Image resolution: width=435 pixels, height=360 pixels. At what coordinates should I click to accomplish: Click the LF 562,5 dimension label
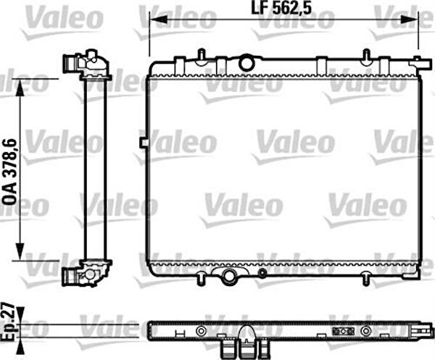pyautogui.click(x=281, y=8)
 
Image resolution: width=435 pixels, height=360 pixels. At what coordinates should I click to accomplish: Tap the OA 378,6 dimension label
pyautogui.click(x=10, y=172)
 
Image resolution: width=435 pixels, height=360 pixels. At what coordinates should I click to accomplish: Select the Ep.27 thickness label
pyautogui.click(x=8, y=322)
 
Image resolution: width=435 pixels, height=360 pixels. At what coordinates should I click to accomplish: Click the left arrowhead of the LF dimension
pyautogui.click(x=158, y=20)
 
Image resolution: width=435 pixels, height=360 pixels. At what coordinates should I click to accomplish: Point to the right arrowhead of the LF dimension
pyautogui.click(x=409, y=20)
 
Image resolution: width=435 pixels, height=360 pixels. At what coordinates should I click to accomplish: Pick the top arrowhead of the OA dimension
pyautogui.click(x=20, y=88)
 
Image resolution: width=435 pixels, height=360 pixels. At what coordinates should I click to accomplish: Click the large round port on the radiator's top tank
pyautogui.click(x=246, y=62)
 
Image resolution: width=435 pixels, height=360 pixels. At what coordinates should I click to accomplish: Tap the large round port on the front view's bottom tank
pyautogui.click(x=229, y=275)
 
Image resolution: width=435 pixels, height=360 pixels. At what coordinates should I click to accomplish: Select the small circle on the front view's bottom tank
pyautogui.click(x=262, y=274)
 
